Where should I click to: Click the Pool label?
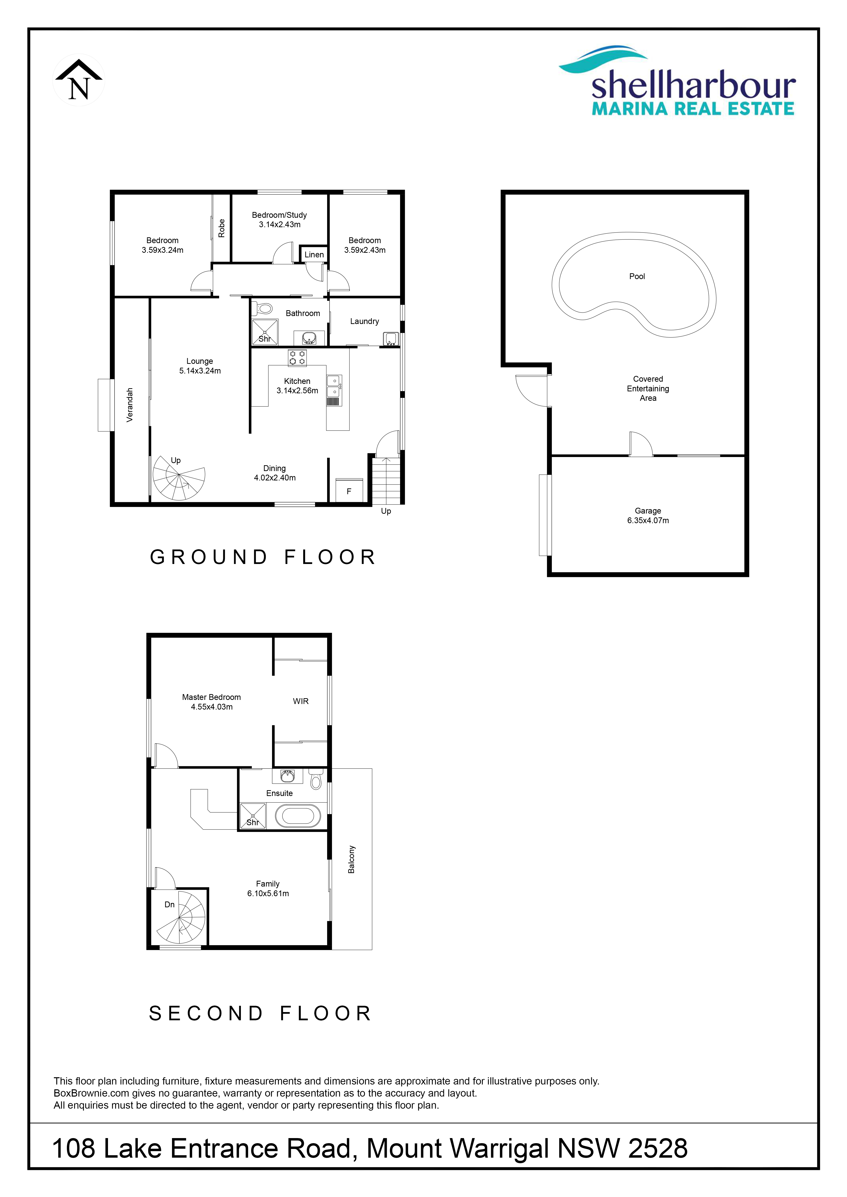637,276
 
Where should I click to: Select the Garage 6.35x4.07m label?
648,516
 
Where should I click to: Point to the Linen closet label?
314,254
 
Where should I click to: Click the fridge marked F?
349,490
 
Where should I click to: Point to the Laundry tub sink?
391,339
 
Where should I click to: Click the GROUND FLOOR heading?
263,557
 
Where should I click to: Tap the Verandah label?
130,405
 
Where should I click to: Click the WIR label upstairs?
301,701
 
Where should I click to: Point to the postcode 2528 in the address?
658,1148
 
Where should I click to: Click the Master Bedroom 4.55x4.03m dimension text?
212,707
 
